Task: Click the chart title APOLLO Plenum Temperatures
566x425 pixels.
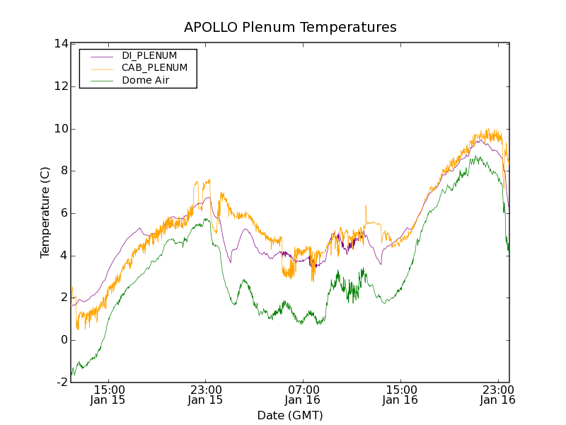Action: [x=290, y=28]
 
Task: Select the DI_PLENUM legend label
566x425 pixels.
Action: [x=149, y=55]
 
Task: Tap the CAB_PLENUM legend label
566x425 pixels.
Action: [x=154, y=68]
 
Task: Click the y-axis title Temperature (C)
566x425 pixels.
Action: [x=45, y=212]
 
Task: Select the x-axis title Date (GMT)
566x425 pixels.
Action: [x=290, y=415]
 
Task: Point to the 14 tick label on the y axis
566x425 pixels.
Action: [x=60, y=44]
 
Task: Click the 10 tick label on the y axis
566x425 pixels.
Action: [x=60, y=129]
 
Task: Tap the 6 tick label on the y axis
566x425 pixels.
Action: [x=64, y=213]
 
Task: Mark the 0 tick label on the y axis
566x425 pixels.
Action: [x=64, y=340]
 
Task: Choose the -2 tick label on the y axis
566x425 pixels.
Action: [x=62, y=382]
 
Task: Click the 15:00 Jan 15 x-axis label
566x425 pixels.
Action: [x=108, y=395]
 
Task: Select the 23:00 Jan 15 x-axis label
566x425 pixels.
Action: [x=206, y=395]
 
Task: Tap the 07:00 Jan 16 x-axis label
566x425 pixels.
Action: [x=304, y=395]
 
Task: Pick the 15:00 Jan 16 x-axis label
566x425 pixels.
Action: [x=401, y=395]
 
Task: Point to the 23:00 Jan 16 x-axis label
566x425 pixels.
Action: [x=498, y=395]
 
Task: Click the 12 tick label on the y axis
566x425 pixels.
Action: [x=60, y=86]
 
